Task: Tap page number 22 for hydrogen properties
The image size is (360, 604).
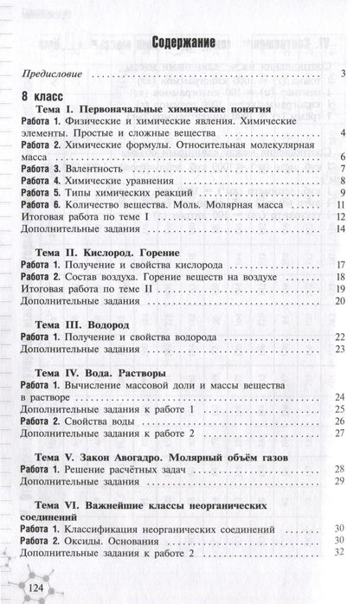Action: coord(340,336)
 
